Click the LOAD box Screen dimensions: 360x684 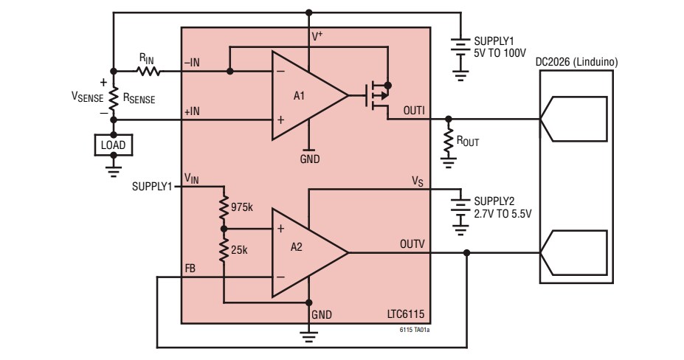113,145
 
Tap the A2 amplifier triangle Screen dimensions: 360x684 304,252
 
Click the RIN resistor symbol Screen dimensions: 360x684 147,72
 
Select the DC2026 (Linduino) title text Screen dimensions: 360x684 576,62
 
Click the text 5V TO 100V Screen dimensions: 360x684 500,55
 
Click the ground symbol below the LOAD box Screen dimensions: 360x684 113,168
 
